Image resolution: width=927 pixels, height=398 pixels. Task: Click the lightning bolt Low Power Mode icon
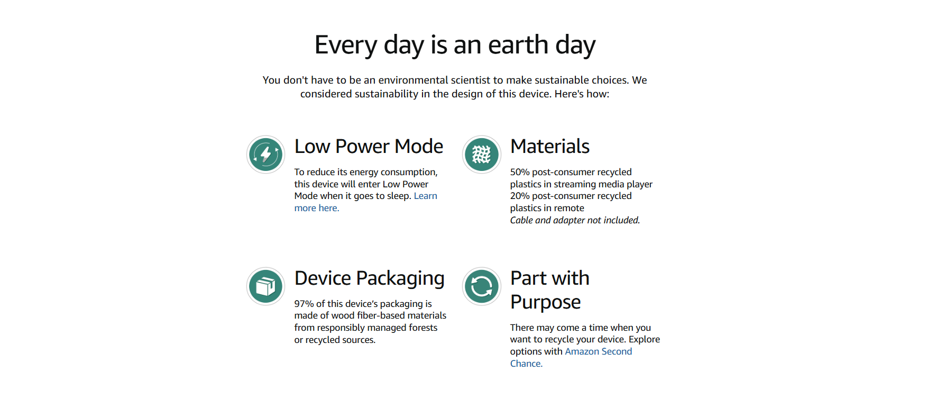tap(266, 155)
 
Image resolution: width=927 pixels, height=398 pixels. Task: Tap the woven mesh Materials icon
tap(482, 155)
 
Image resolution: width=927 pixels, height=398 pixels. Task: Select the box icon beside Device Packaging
tap(266, 286)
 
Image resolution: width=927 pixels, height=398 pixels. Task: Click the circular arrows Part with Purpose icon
tap(482, 286)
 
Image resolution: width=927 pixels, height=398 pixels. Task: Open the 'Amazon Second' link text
tap(598, 351)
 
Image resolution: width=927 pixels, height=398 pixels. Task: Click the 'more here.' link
tap(317, 208)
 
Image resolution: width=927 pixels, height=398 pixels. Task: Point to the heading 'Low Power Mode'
tap(369, 146)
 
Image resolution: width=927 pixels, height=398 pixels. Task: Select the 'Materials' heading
tap(550, 146)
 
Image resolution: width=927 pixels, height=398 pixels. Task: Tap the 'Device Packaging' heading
tap(370, 279)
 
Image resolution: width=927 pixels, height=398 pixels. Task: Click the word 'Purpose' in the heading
tap(545, 302)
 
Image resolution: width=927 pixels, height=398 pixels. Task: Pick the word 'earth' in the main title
tap(518, 44)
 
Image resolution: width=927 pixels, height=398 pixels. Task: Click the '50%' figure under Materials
tap(520, 172)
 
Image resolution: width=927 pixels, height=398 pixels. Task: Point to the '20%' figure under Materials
tap(520, 196)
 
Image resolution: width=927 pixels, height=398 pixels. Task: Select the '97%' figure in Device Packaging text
tap(304, 304)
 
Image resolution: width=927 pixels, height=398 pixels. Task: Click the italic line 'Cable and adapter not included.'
tap(575, 220)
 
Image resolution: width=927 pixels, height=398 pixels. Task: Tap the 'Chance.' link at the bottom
tap(526, 364)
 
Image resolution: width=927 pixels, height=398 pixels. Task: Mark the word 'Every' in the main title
tap(346, 44)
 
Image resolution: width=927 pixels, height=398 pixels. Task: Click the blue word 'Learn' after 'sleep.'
tap(426, 196)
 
